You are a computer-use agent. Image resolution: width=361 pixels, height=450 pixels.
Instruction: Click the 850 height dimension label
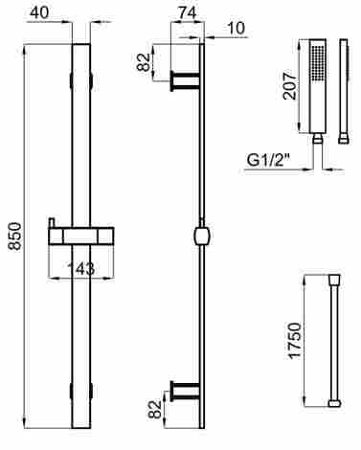point(14,236)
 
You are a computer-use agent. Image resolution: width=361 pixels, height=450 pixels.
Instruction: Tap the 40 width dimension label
point(39,12)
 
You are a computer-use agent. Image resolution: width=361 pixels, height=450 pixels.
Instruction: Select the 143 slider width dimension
point(81,268)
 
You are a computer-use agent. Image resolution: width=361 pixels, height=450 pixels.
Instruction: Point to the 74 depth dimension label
point(188,13)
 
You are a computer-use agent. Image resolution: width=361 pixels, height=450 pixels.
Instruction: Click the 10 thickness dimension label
point(237,28)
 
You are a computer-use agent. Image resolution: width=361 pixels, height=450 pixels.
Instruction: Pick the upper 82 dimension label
point(144,62)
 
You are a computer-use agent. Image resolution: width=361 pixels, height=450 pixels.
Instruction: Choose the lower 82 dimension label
point(155,409)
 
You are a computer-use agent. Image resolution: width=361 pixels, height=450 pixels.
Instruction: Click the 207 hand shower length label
point(290,86)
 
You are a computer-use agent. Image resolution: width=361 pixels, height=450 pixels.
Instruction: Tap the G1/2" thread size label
point(268,160)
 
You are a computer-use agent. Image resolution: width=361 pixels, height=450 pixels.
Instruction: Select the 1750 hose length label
point(294,341)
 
